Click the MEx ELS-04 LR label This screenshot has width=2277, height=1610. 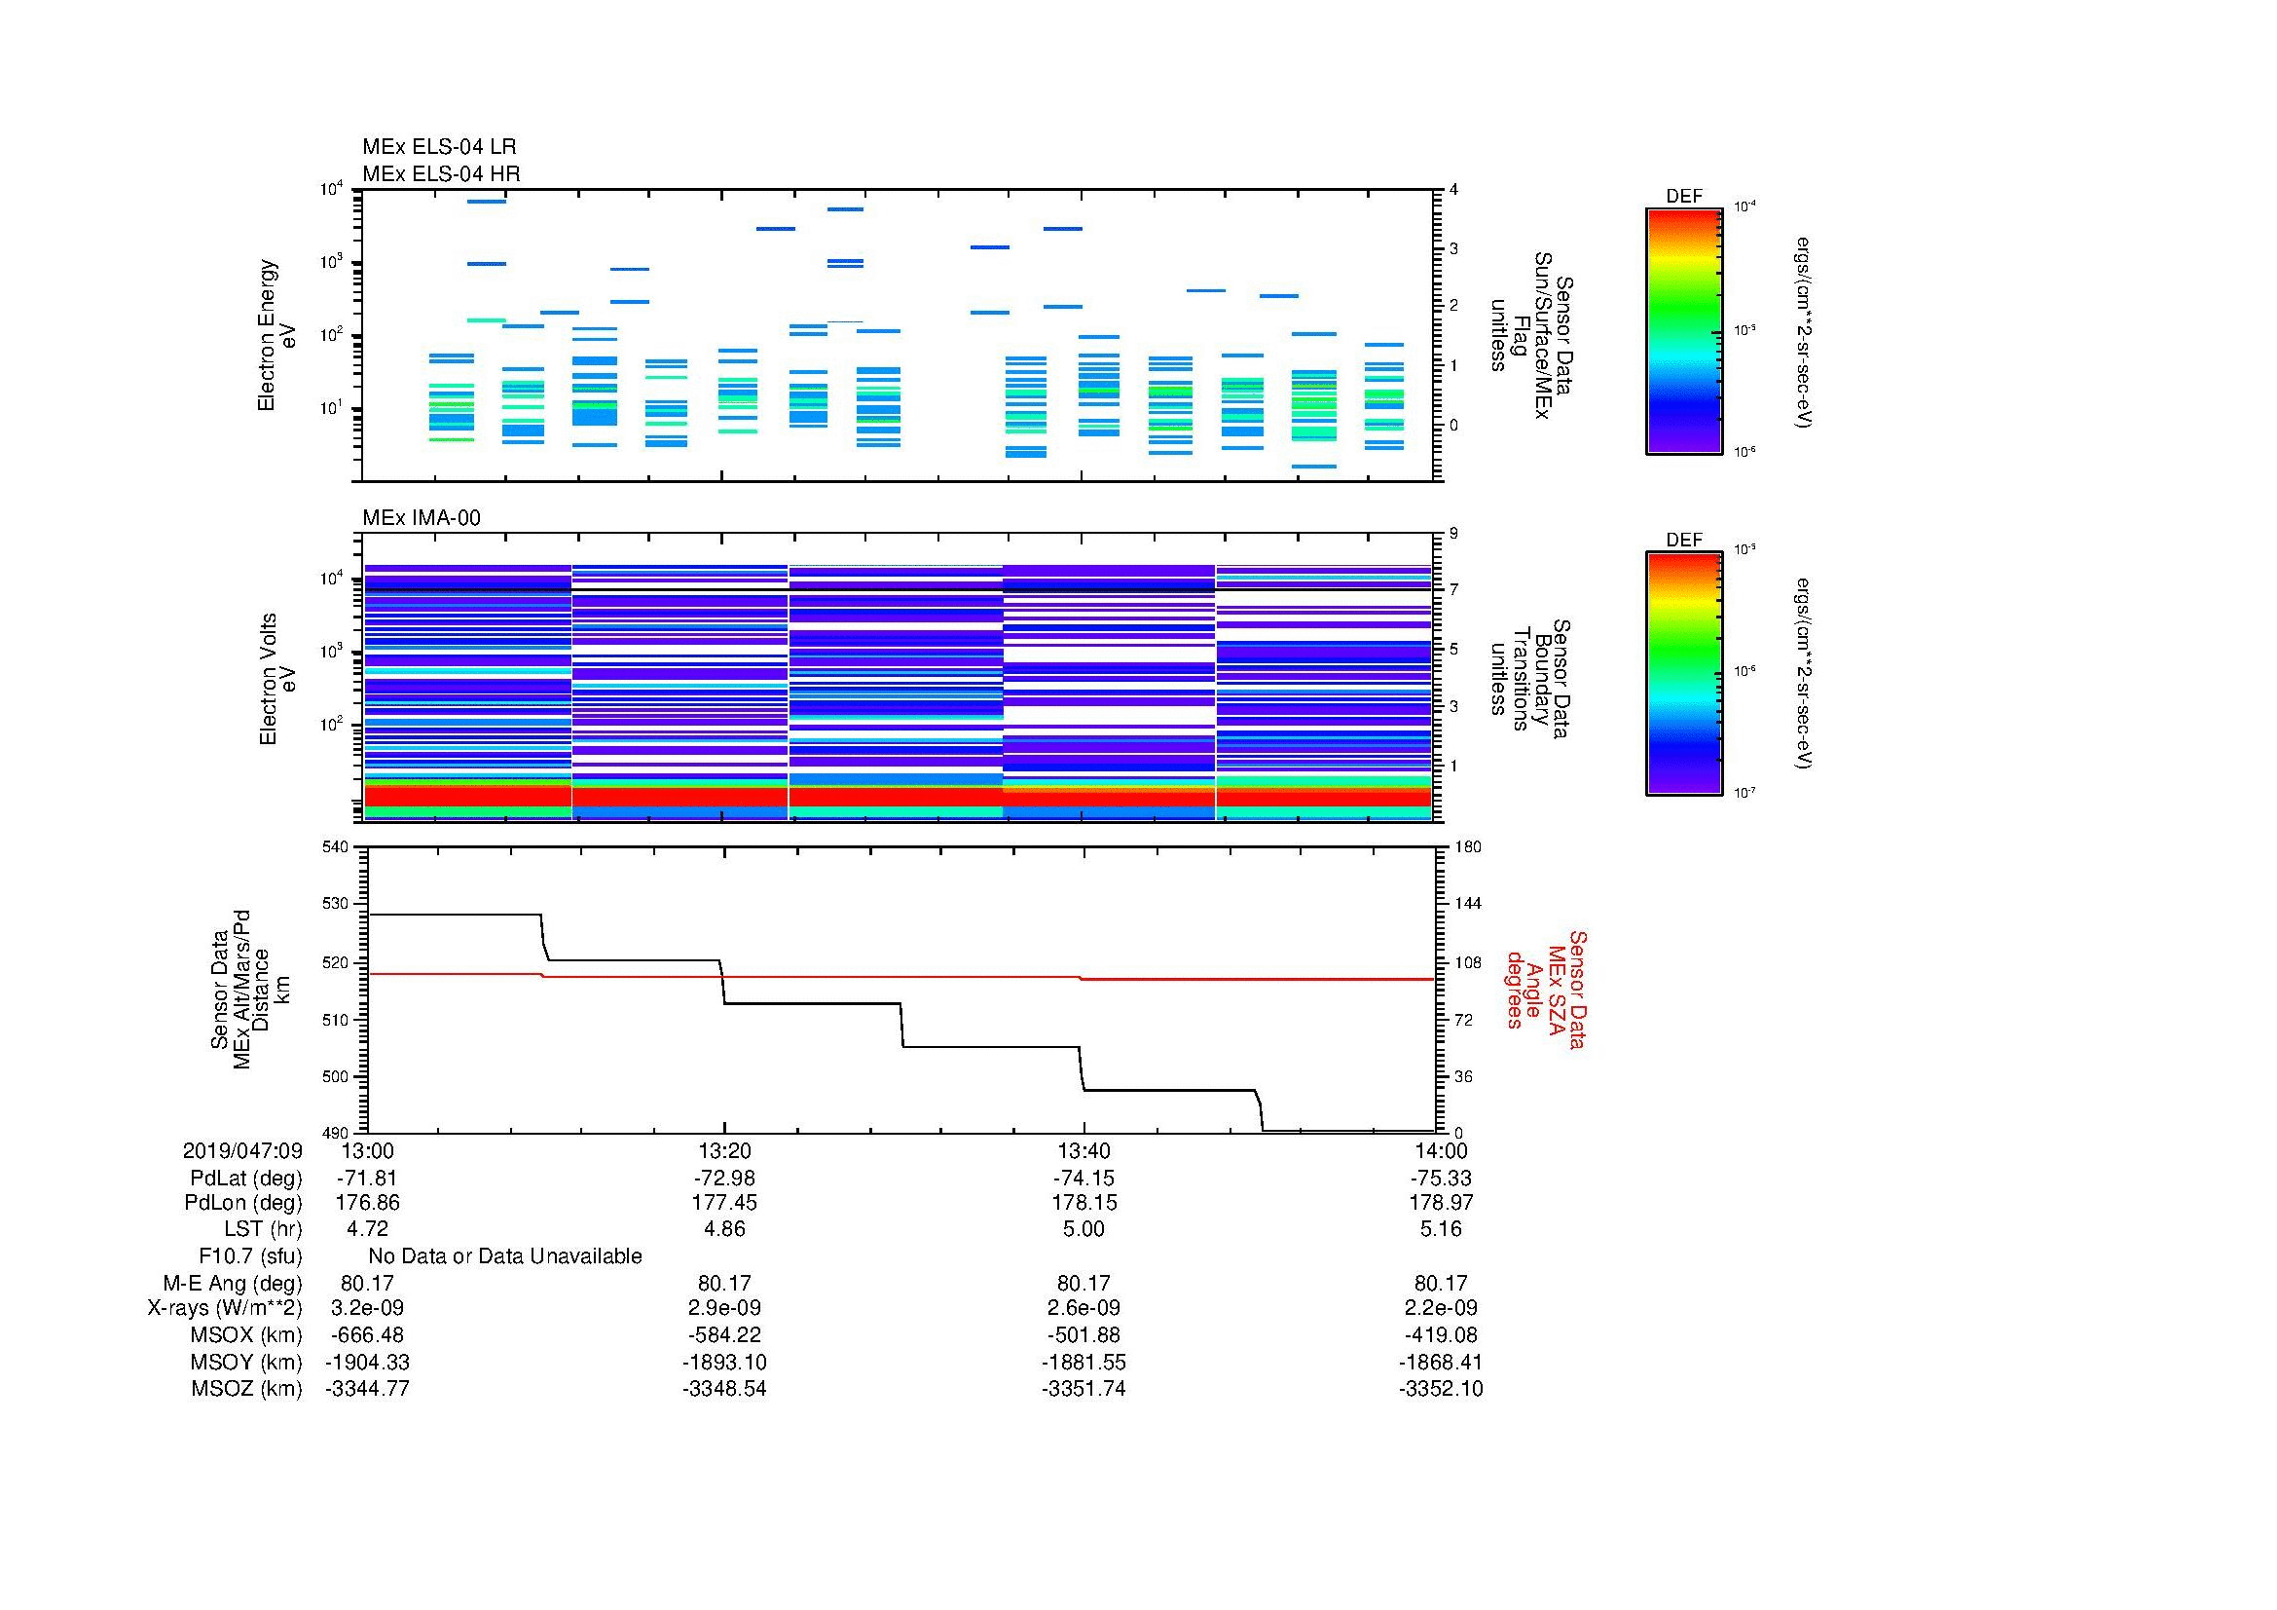pos(438,147)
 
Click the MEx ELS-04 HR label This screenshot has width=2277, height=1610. pos(440,173)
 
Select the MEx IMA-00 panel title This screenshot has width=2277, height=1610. pos(421,518)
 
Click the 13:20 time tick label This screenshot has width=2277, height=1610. pos(724,1150)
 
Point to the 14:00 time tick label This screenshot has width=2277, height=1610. pos(1440,1150)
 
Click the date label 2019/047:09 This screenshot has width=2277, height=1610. pos(242,1150)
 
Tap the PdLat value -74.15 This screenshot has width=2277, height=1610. pos(1083,1179)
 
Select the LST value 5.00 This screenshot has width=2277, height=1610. pos(1083,1229)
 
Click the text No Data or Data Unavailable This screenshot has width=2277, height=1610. pos(505,1256)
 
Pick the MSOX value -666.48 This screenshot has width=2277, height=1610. pos(367,1335)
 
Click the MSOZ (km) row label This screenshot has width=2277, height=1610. pos(246,1389)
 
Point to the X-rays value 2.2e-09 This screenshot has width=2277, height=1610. pos(1440,1308)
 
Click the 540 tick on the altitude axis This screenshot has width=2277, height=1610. pos(335,847)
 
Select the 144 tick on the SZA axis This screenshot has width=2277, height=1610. pos(1467,904)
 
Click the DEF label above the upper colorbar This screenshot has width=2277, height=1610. pos(1683,197)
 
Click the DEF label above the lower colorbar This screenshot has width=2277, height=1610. pos(1683,540)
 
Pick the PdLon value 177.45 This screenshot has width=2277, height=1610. pos(724,1202)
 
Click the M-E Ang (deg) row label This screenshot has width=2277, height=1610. pos(232,1283)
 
